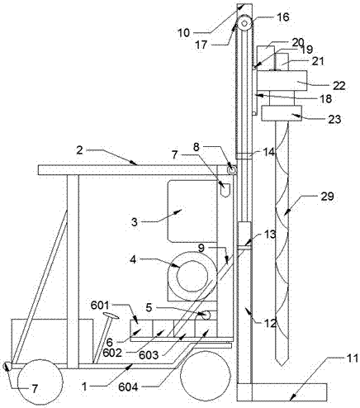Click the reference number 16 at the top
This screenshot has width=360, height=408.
(x=283, y=17)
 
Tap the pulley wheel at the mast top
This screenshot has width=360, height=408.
(x=244, y=23)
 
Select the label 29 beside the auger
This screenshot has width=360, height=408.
(x=327, y=197)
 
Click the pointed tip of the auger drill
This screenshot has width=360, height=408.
(x=281, y=365)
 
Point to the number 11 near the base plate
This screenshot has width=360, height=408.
(x=353, y=358)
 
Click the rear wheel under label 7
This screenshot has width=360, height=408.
(x=40, y=382)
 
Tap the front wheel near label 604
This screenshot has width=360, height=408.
(x=206, y=376)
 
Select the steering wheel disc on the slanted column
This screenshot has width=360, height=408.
(x=111, y=315)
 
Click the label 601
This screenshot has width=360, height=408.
(x=100, y=305)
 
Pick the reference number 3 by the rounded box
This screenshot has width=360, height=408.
(x=134, y=222)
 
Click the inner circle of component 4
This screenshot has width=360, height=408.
(x=192, y=277)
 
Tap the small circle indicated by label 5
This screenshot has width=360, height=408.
(x=206, y=315)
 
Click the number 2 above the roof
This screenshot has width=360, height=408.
(x=79, y=150)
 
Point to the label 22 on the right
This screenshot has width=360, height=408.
(x=339, y=86)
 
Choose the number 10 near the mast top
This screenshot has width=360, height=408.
(x=184, y=33)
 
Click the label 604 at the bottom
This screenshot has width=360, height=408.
(x=128, y=387)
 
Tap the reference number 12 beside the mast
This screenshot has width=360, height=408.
(x=270, y=324)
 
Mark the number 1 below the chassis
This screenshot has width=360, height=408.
(x=84, y=387)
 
